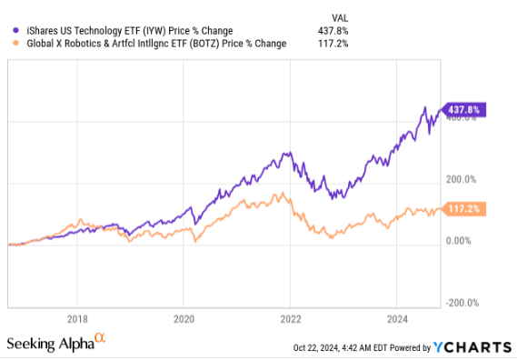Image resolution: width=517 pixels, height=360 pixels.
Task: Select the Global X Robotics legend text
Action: [151, 43]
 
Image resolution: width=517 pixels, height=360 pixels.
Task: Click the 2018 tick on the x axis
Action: [77, 319]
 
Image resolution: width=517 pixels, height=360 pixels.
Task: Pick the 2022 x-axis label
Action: [290, 319]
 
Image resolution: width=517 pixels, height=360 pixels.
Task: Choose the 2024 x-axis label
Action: [396, 319]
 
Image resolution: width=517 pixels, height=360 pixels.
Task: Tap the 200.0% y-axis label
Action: [465, 180]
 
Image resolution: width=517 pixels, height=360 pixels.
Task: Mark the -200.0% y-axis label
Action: [464, 303]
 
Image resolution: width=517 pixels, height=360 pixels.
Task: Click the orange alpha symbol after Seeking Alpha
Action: [100, 339]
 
